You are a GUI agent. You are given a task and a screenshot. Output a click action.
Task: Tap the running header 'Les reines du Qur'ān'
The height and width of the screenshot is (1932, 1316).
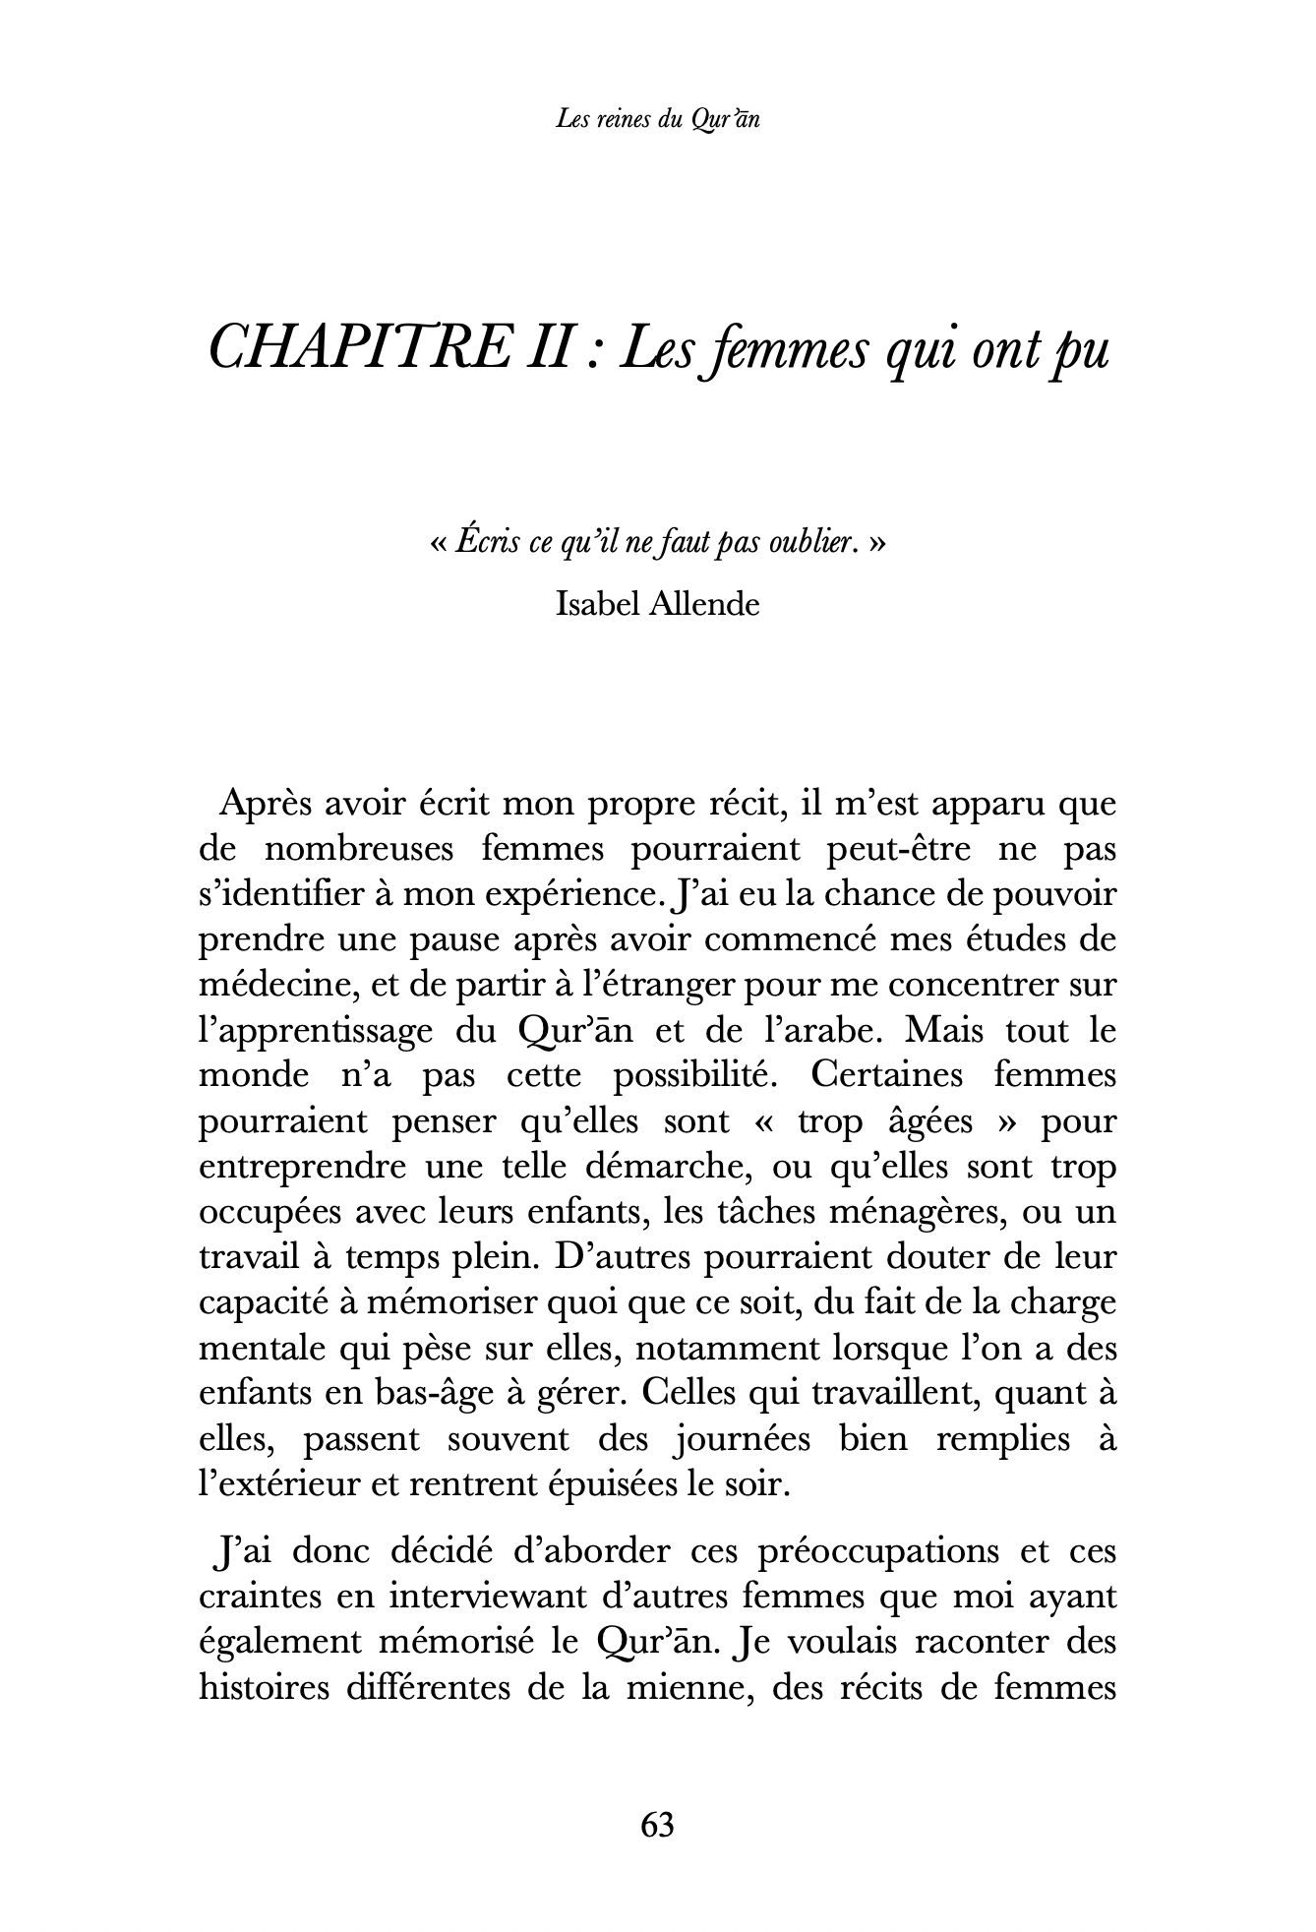tap(657, 120)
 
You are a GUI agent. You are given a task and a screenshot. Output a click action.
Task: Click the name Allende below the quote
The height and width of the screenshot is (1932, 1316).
tap(704, 603)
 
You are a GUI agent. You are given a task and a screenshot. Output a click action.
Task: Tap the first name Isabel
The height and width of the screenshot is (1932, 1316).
tap(597, 603)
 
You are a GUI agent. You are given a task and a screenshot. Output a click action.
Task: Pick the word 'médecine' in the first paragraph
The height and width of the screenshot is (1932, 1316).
tap(259, 985)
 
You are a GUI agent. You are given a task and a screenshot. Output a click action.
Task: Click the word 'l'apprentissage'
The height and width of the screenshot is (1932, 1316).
tap(316, 1030)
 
